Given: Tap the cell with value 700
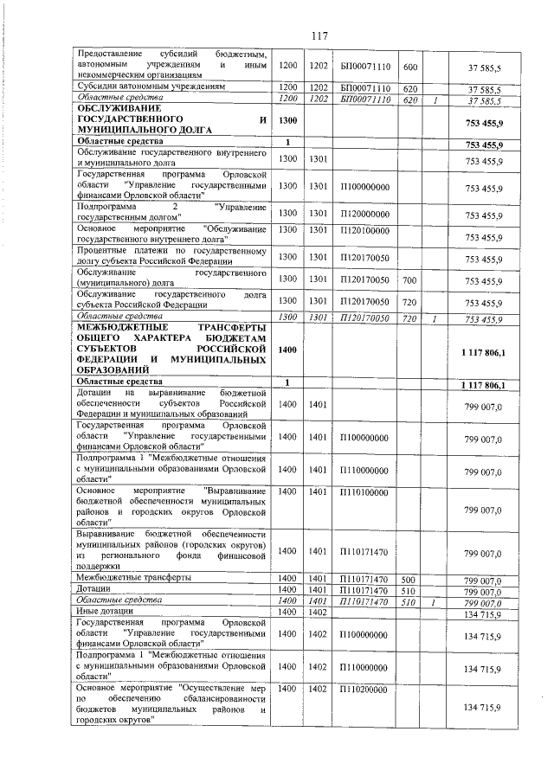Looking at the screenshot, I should click(410, 280).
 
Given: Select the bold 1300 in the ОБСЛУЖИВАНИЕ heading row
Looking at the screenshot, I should click(288, 120).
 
